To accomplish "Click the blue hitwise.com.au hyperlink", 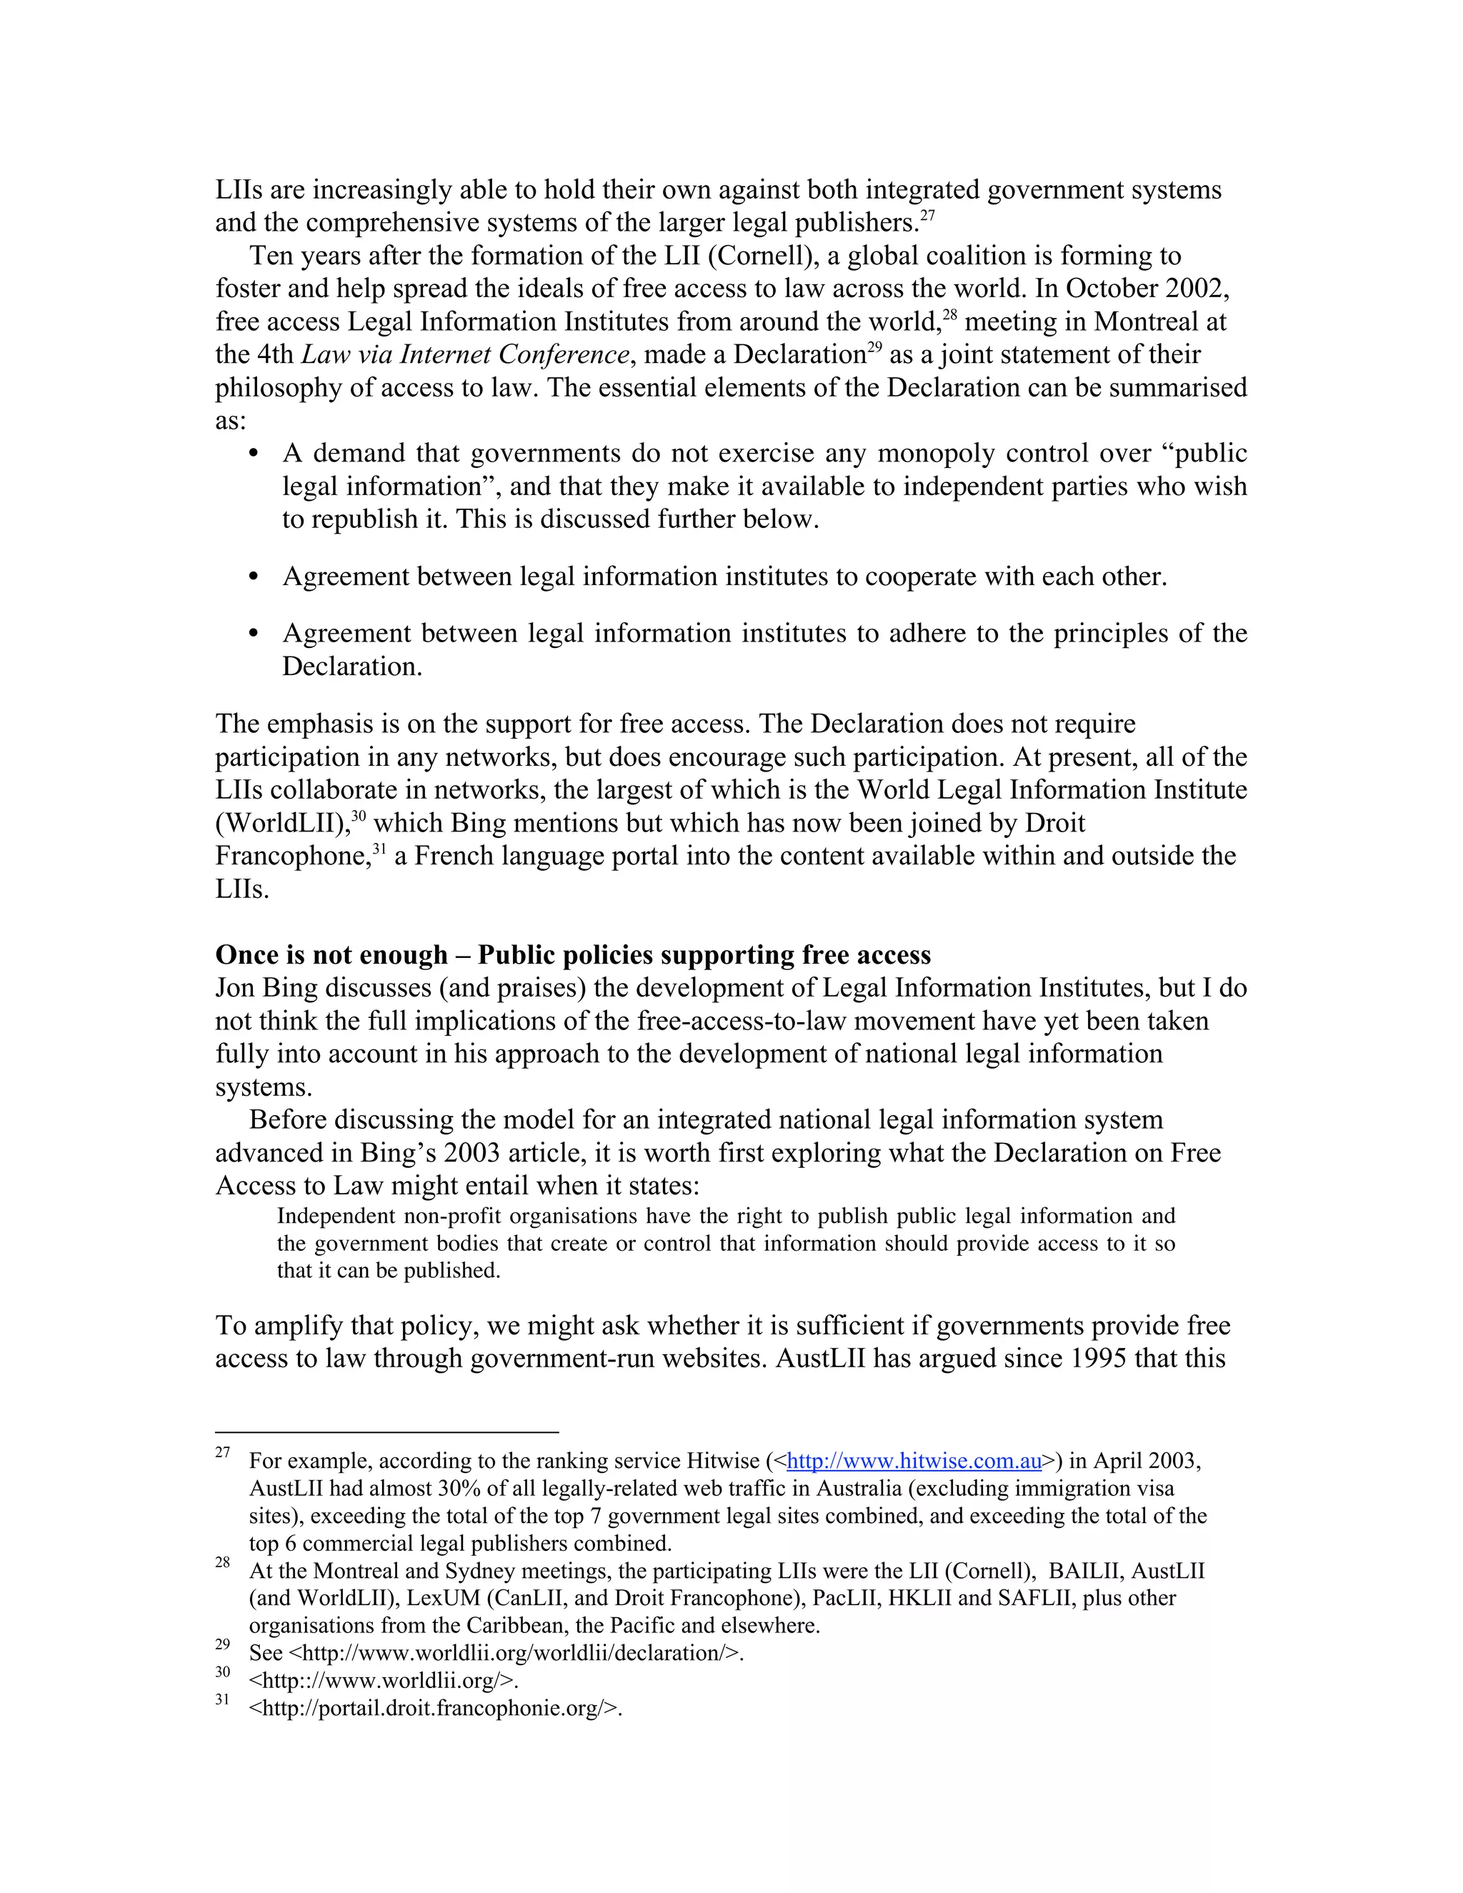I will tap(914, 1461).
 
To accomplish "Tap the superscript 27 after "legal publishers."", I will tap(927, 215).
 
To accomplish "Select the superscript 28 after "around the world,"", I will tap(949, 314).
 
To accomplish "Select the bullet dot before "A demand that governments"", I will tap(253, 454).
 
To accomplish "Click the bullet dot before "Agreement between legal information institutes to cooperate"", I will tap(253, 576).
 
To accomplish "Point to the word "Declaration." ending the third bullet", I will tap(352, 666).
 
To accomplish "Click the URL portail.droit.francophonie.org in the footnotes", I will tap(435, 1709).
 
